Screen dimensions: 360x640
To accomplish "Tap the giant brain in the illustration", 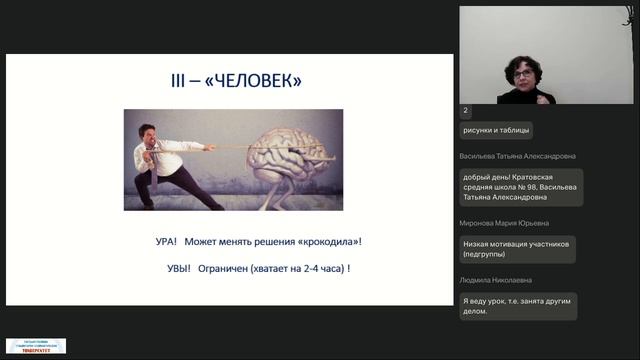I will [x=289, y=156].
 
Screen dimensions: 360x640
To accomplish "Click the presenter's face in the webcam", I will [x=523, y=71].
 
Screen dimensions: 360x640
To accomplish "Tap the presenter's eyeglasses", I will [x=523, y=72].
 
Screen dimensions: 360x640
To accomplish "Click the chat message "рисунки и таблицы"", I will [x=497, y=130].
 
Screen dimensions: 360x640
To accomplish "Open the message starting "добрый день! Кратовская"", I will [x=518, y=188].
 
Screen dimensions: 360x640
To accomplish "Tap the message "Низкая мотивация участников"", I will [x=517, y=249].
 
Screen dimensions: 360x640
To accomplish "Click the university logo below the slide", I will [x=36, y=346].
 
